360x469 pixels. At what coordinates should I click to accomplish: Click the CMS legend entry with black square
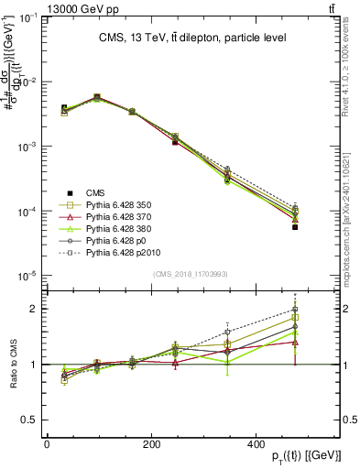click(95, 192)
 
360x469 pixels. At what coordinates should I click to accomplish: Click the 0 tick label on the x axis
click(47, 444)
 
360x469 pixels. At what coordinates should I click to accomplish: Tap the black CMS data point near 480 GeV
click(295, 253)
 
